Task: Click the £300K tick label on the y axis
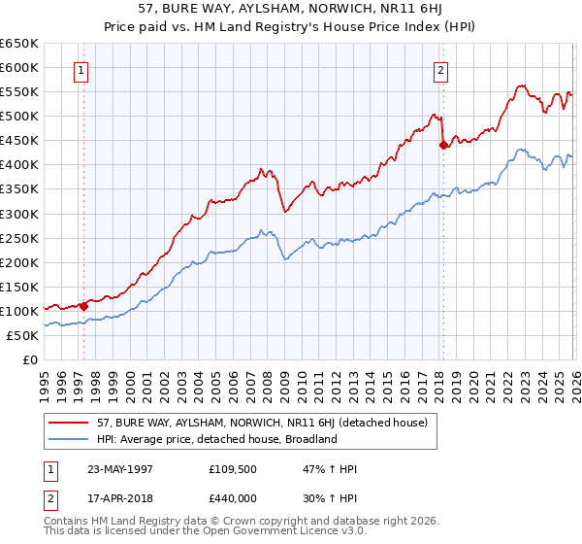coord(19,214)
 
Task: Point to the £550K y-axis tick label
coord(19,92)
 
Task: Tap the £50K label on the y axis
coord(22,335)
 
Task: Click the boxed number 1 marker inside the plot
coord(81,70)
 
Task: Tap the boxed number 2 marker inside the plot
coord(440,70)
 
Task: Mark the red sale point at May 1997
coord(84,306)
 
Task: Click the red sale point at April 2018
coord(443,145)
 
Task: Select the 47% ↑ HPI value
coord(331,469)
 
